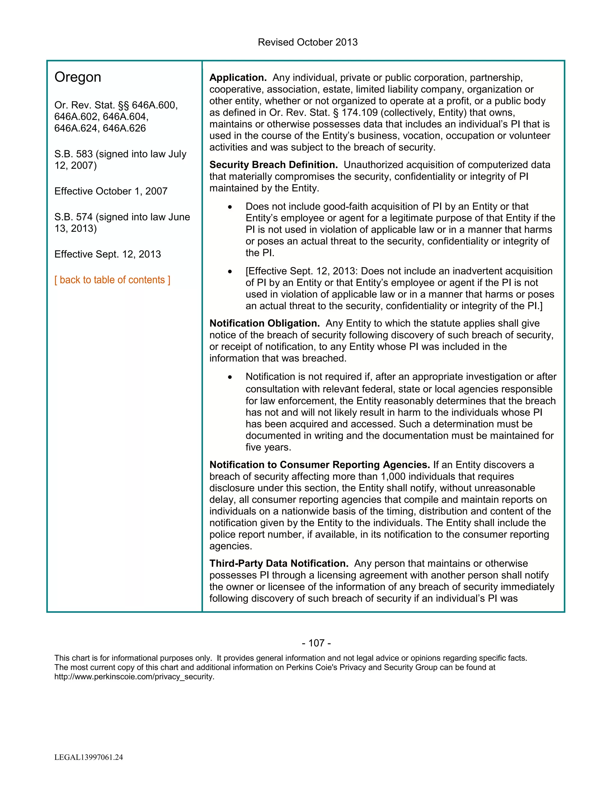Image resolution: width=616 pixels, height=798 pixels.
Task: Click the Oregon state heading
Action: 78,77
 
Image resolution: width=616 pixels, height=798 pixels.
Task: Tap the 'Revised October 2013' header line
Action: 308,42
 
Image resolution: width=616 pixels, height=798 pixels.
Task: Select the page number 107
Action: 316,643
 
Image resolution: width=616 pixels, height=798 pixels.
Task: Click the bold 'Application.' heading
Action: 238,78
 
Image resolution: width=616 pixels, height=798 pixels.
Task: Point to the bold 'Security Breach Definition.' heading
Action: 273,165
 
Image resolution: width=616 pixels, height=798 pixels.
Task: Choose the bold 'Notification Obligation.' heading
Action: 264,324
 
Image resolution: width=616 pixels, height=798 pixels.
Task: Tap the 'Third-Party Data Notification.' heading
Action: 279,564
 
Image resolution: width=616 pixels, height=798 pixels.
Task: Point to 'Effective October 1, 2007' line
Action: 111,192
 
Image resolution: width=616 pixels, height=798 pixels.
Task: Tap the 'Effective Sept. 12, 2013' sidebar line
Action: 107,254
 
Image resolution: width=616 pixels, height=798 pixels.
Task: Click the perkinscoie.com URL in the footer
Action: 134,677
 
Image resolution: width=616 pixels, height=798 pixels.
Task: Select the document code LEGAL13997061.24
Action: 89,757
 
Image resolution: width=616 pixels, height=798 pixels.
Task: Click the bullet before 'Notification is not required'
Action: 230,377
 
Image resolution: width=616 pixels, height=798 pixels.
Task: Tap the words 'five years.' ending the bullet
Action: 268,447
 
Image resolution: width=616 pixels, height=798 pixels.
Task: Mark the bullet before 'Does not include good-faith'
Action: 230,207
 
